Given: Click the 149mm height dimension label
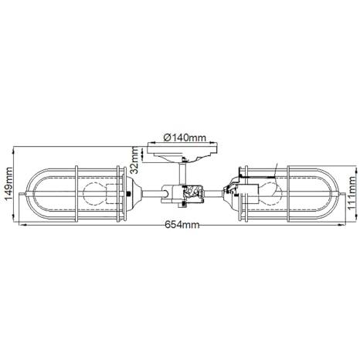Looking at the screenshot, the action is [x=8, y=185].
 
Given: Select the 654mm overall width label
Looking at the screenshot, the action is [x=182, y=225].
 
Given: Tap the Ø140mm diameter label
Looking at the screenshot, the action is [x=185, y=138].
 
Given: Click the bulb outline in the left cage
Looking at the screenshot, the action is [x=95, y=194].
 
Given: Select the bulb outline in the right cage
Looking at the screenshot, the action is [x=270, y=194].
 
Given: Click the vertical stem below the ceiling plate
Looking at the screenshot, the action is [x=182, y=174].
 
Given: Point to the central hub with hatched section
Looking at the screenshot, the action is [x=182, y=195].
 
